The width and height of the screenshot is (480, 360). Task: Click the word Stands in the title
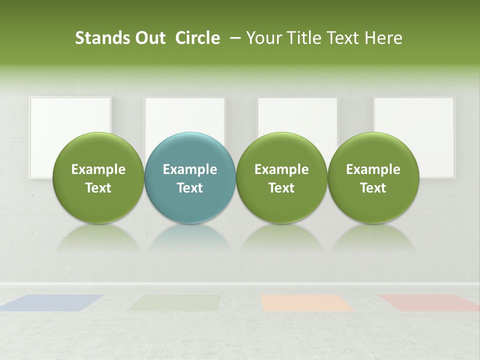pos(96,38)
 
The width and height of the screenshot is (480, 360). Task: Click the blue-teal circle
pos(190,177)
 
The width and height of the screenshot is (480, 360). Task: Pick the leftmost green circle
pos(98,177)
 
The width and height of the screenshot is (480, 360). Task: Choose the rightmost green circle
pos(373,177)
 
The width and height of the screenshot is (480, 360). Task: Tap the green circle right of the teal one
pos(281,177)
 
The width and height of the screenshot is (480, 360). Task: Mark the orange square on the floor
pos(306,302)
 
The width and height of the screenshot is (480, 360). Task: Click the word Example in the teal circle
pos(190,169)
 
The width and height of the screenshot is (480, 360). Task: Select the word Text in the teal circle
pos(190,188)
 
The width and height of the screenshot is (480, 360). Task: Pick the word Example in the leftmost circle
pos(98,169)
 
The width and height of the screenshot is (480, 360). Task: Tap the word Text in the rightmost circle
pos(373,188)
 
